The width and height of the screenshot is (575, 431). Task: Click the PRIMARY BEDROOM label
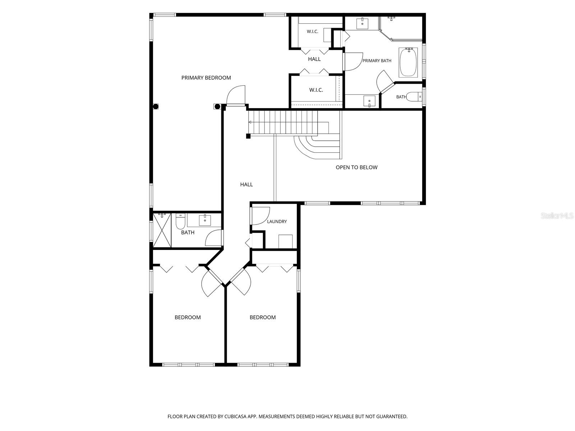click(206, 78)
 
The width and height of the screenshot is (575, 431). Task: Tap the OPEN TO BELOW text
click(356, 167)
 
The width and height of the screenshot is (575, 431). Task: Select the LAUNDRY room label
click(277, 222)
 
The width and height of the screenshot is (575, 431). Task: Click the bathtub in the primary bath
click(408, 62)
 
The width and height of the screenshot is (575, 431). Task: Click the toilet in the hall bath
click(180, 221)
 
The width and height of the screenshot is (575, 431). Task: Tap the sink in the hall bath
click(205, 220)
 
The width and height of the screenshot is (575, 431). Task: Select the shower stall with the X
click(162, 230)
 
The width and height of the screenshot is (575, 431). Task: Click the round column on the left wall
click(156, 106)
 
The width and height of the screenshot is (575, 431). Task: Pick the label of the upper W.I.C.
click(313, 32)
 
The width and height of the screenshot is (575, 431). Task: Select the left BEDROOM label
click(188, 318)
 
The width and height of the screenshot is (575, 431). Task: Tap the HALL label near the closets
click(314, 59)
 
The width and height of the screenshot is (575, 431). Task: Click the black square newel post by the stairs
click(248, 136)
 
